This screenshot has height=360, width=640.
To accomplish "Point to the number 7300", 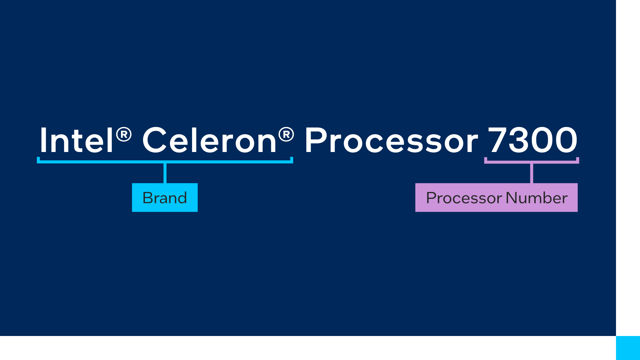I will click(x=532, y=140).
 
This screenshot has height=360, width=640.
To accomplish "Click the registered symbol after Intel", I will click(x=124, y=134).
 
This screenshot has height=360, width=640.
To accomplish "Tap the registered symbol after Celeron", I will click(x=286, y=134).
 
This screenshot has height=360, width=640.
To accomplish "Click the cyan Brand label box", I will click(x=165, y=197).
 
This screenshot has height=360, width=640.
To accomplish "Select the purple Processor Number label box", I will click(x=496, y=197).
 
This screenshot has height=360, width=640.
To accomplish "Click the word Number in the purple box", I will click(x=536, y=198).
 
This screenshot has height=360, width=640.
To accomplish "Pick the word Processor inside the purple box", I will click(x=464, y=198).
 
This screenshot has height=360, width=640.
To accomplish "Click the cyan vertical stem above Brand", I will click(x=165, y=173).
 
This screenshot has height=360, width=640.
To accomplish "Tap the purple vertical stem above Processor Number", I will click(x=531, y=173).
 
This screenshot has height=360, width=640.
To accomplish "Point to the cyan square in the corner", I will click(x=628, y=348).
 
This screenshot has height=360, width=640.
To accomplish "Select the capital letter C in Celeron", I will click(x=154, y=140).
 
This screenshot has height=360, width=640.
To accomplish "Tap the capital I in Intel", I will click(x=43, y=140).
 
